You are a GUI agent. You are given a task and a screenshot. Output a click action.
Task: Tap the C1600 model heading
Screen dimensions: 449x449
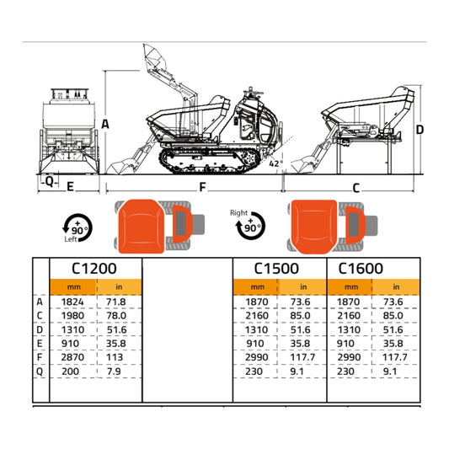tap(361, 269)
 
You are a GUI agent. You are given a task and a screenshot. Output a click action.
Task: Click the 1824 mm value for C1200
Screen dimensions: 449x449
tap(73, 302)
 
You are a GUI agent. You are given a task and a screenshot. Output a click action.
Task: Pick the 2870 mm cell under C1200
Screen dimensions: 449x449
tap(73, 356)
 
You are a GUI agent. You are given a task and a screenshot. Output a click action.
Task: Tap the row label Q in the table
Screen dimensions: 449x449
tap(40, 370)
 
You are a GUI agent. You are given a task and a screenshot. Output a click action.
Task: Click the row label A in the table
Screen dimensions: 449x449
tap(40, 302)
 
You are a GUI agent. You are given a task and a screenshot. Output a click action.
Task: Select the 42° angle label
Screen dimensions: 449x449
tap(275, 163)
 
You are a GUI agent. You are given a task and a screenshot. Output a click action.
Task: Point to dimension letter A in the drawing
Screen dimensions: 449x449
tap(105, 124)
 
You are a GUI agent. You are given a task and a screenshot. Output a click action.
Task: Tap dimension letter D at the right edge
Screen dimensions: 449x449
tap(420, 131)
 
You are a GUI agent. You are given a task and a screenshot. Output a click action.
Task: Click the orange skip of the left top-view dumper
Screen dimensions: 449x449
tap(142, 226)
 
